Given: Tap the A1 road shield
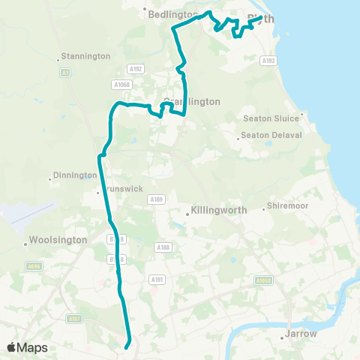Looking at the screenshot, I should point(64,73).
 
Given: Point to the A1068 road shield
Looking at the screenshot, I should point(122,85).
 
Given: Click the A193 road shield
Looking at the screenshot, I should point(269,61).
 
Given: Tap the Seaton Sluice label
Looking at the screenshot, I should point(272,118).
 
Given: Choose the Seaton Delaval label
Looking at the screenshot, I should point(271,135).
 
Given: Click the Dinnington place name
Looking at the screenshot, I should point(75,175).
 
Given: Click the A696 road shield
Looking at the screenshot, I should point(34,265).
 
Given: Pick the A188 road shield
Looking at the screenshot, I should point(163,247).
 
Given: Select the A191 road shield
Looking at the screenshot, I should point(157,280).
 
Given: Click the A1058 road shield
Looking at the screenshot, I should point(263,281).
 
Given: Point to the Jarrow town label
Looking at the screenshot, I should point(301,334).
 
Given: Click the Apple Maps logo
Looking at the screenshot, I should point(27,347).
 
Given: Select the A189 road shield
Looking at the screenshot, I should point(156,199).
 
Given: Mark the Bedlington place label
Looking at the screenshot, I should point(173,14).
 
